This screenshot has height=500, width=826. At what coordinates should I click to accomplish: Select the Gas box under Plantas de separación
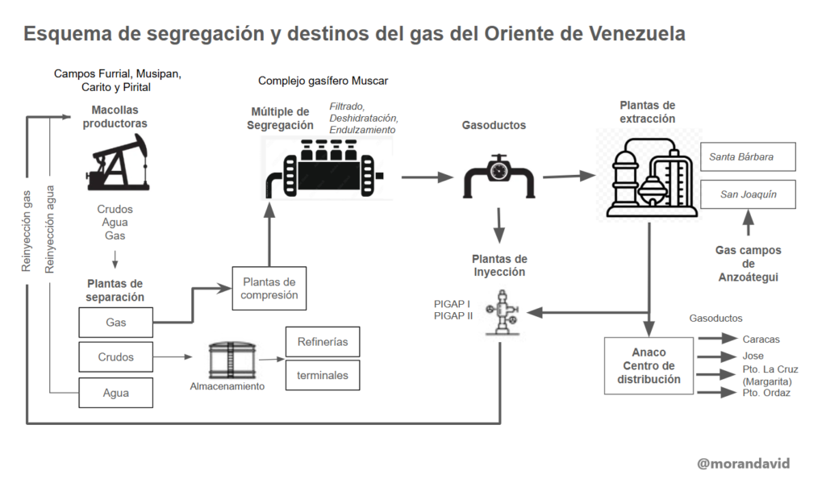tap(115, 322)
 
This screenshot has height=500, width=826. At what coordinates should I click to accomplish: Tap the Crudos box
tap(115, 356)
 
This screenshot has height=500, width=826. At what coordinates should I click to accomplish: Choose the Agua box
tap(115, 393)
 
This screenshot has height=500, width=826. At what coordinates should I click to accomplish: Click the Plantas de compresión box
tap(269, 288)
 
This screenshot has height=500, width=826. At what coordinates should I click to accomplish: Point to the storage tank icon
tap(232, 358)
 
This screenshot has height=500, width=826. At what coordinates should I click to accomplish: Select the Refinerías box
tap(322, 341)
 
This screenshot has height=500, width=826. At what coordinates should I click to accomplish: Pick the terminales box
tap(322, 375)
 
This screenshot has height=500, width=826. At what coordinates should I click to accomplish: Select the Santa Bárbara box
tap(747, 156)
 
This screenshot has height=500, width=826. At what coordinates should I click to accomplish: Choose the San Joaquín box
tap(747, 194)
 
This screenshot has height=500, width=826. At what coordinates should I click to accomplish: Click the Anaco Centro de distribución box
tap(649, 365)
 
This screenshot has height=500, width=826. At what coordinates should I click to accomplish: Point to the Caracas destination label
tap(761, 340)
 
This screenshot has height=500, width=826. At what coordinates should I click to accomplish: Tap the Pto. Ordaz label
tap(766, 393)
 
